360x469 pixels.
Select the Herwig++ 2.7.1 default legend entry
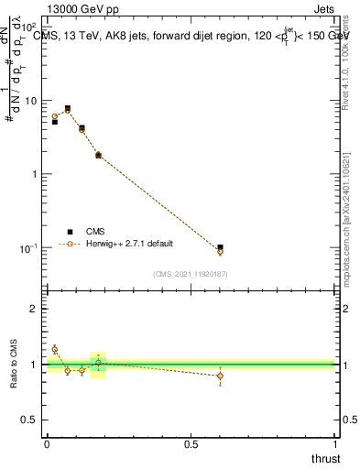tap(128, 244)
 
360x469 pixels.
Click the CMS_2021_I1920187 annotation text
tap(191, 273)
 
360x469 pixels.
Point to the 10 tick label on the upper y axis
tap(31, 101)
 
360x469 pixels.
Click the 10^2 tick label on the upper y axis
tap(29, 27)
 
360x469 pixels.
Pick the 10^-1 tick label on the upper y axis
tap(29, 248)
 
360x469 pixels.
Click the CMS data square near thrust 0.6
tap(220, 247)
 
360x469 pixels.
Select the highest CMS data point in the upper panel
tap(68, 108)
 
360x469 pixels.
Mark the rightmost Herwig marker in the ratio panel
tap(220, 376)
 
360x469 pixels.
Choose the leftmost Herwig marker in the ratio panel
tap(55, 349)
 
